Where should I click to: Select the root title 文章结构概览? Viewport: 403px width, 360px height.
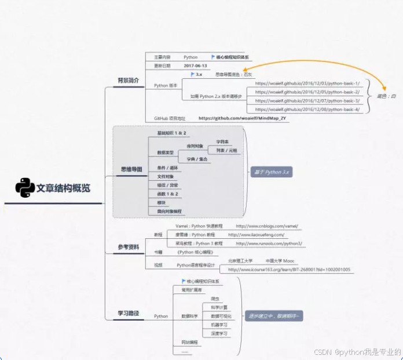[64, 188]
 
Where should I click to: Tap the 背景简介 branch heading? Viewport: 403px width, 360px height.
[129, 81]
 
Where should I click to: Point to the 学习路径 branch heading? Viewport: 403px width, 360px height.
[129, 313]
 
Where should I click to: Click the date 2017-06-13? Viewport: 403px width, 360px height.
[196, 66]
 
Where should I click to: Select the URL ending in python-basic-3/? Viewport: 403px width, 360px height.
[307, 101]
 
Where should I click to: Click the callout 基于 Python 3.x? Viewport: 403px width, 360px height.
[270, 172]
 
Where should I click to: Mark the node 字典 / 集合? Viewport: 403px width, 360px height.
[198, 159]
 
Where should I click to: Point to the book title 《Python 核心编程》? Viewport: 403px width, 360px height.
[195, 253]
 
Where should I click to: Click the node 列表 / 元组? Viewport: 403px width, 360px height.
[226, 150]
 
